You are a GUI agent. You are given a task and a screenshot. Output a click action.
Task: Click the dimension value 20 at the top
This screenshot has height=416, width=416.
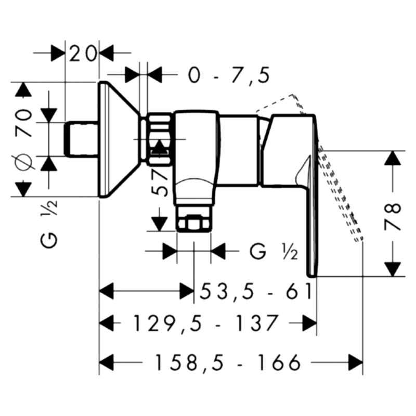pos(82,54)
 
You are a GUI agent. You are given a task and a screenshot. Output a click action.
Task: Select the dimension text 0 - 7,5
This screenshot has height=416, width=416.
pos(229,75)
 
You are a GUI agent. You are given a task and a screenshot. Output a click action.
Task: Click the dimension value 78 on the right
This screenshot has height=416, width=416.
pos(392,216)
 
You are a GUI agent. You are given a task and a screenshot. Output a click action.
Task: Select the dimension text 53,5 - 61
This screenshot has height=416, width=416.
pos(256,291)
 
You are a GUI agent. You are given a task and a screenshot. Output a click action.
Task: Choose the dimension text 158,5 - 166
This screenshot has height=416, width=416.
pos(228,362)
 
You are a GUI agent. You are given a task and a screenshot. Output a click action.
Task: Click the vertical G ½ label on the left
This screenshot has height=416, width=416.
pos(49,224)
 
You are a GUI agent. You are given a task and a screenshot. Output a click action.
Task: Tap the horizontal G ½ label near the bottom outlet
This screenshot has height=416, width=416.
pos(274,252)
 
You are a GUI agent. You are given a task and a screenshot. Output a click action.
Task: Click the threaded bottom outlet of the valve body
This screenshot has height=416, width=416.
pos(194,218)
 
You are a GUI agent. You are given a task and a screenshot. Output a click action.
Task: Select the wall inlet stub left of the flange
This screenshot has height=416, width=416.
pos(81,139)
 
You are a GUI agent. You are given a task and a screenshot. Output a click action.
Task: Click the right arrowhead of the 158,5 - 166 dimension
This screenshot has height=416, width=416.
pos(356,362)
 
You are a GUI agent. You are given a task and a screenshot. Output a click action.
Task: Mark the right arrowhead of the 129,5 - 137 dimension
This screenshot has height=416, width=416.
pos(309,323)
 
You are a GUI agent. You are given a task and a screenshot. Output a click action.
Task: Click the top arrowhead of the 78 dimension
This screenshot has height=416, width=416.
pos(393,158)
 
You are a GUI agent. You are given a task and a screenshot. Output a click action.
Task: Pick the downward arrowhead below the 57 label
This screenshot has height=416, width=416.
pos(159,224)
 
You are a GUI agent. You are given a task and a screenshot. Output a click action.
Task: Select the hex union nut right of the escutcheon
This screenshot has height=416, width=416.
pos(159,139)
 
